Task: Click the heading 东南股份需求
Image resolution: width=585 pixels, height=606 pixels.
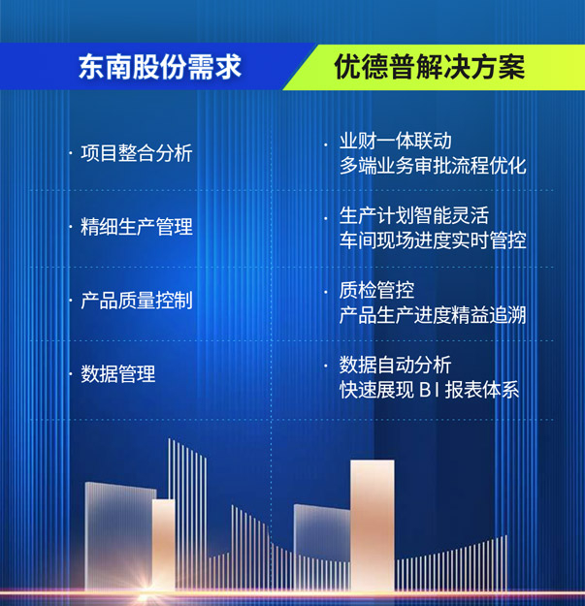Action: tap(160, 67)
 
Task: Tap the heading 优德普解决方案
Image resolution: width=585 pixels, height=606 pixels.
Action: tap(430, 67)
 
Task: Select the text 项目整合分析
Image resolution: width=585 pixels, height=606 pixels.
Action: tap(137, 153)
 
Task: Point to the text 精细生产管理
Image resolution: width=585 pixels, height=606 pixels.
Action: tap(137, 227)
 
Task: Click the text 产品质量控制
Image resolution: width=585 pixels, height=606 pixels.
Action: tap(137, 301)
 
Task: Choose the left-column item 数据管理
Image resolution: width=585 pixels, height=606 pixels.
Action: tap(118, 373)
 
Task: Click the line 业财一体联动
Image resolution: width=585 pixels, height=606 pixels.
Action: tap(396, 141)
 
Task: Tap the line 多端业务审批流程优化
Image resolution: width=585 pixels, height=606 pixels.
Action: tap(433, 166)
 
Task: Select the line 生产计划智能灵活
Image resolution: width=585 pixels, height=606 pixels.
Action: tap(414, 215)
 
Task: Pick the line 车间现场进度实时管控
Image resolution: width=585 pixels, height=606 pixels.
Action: tap(433, 240)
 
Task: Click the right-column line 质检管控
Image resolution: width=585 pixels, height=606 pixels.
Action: tap(376, 290)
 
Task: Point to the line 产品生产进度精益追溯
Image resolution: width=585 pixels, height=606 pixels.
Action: tap(433, 315)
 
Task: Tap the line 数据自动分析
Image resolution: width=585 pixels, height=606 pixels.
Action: tap(396, 365)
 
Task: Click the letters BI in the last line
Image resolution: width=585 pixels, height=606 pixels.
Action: tap(429, 390)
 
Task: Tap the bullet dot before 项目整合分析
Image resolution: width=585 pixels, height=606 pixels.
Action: tap(71, 153)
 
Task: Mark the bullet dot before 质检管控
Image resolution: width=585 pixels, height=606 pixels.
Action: tap(326, 292)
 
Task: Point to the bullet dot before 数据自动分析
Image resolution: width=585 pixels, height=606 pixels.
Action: tap(326, 366)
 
